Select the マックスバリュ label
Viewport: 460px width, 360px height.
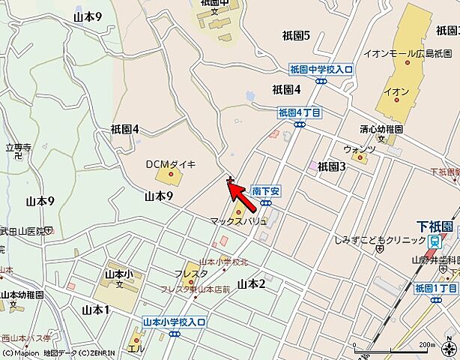tap(237, 221)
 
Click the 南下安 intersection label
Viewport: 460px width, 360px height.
tap(265, 191)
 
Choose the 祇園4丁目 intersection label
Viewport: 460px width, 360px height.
tap(299, 112)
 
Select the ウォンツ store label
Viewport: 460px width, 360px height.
tap(358, 148)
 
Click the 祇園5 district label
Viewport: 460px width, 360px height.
tap(297, 35)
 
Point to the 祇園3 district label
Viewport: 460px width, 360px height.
tap(331, 166)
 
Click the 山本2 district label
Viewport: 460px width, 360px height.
tap(252, 283)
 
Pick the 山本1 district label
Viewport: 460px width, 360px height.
tap(95, 310)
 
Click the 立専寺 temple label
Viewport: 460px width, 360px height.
tap(18, 148)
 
